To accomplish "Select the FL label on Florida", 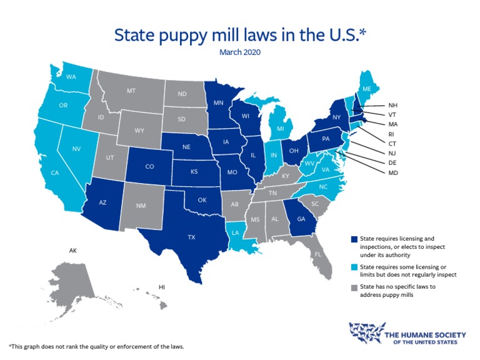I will (x=318, y=254).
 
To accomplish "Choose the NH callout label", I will (x=392, y=104).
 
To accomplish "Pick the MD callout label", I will (x=392, y=172).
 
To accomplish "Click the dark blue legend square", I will (x=354, y=239).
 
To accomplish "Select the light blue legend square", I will (x=354, y=266).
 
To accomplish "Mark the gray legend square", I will (x=354, y=288).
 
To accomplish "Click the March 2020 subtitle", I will (x=239, y=52).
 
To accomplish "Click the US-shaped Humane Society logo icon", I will (x=365, y=333).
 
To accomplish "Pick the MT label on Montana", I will (x=131, y=91).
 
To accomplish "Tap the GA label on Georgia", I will (x=301, y=219).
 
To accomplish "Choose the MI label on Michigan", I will (x=281, y=129).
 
